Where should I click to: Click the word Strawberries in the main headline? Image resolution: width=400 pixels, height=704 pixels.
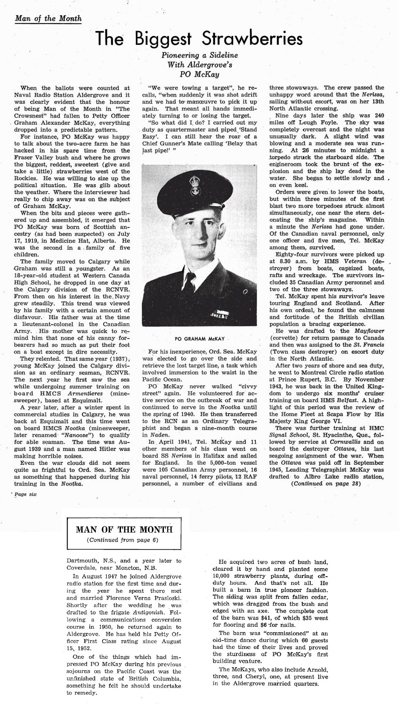click(252, 40)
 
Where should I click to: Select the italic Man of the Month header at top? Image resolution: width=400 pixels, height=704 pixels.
click(48, 19)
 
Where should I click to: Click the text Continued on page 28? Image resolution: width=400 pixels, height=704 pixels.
click(325, 483)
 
